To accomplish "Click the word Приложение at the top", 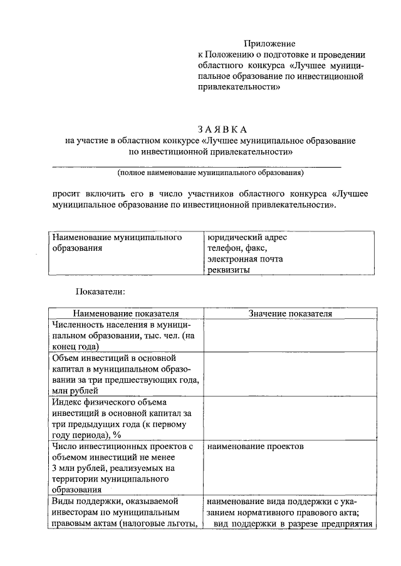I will coord(269,43).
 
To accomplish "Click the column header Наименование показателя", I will coord(125,313).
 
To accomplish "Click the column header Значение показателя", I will coord(289,313).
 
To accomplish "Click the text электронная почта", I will coord(245,259).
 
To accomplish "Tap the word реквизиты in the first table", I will coord(229,270).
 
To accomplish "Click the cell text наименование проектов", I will coord(255,448).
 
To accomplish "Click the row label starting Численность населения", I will coord(125,335).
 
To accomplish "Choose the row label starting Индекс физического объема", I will coord(125,418).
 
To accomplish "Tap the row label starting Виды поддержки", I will coord(125,513).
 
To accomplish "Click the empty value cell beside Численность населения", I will coord(289,335).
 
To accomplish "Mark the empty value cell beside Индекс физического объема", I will coord(289,418).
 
